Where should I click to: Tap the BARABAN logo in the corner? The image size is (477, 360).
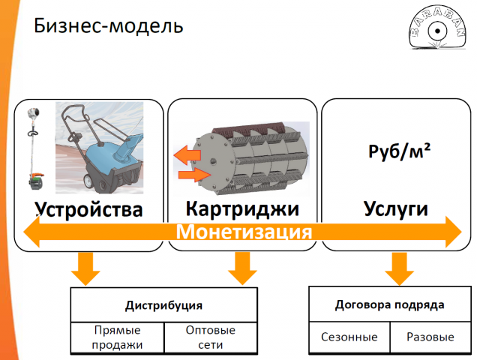(x=437, y=33)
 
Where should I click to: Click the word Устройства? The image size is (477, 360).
(x=88, y=208)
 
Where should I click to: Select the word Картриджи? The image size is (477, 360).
(x=241, y=208)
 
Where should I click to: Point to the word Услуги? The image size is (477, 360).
(x=395, y=208)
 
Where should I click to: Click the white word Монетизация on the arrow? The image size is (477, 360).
(x=244, y=231)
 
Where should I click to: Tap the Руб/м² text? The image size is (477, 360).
(x=399, y=152)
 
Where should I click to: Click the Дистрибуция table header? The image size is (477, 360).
(x=163, y=305)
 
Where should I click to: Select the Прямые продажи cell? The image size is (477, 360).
(x=116, y=337)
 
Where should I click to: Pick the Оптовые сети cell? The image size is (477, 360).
(x=210, y=337)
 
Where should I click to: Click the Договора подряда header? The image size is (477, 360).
(x=389, y=304)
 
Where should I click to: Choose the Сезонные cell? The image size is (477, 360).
(x=349, y=337)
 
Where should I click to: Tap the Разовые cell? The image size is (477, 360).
(x=430, y=337)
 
